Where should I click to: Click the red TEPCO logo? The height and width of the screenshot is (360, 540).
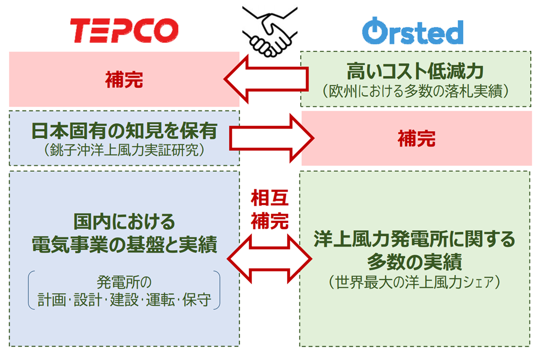[124, 31]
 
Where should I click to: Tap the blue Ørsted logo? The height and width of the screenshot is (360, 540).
[413, 31]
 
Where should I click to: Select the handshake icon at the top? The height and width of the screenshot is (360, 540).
[270, 32]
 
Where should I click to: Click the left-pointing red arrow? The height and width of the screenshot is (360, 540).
[266, 79]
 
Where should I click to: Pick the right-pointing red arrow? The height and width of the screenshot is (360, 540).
[272, 138]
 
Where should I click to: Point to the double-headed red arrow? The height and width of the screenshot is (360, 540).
[270, 259]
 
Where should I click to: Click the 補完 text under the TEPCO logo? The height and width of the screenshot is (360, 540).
[124, 80]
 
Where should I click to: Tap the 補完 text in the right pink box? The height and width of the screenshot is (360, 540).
[417, 139]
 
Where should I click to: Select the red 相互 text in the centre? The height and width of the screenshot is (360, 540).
[270, 198]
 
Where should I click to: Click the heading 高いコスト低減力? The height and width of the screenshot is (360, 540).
[415, 71]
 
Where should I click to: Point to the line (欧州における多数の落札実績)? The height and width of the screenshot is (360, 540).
[415, 91]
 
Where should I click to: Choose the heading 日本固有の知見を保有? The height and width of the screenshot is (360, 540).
[124, 131]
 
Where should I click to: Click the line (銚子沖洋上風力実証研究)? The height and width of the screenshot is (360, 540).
[124, 150]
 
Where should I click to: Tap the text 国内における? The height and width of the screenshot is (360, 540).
[124, 222]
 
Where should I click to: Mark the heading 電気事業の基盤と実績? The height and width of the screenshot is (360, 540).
[124, 244]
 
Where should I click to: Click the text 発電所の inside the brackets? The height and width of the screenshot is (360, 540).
[124, 282]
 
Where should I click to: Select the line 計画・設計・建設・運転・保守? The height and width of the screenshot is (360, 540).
[124, 300]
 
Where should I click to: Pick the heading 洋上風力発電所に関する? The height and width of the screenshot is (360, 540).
[414, 239]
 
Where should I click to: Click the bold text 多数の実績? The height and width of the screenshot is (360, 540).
[414, 262]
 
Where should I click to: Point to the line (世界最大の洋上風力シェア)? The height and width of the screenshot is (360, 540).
[414, 282]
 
